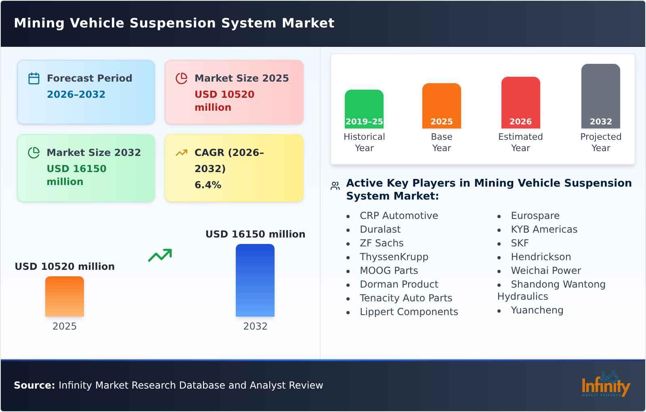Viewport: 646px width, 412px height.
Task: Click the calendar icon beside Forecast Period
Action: pyautogui.click(x=34, y=78)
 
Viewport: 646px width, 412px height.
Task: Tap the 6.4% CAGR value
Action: pyautogui.click(x=208, y=185)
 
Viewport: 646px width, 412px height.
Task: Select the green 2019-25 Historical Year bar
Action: pyautogui.click(x=364, y=109)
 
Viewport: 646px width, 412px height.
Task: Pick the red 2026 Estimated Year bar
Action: pyautogui.click(x=520, y=102)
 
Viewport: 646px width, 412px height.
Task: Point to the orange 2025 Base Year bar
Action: pyautogui.click(x=441, y=105)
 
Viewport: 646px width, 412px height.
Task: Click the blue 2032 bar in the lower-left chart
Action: pyautogui.click(x=255, y=280)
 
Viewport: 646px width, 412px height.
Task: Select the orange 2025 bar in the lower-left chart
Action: pyautogui.click(x=65, y=296)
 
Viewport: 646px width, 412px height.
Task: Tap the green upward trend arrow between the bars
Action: pyautogui.click(x=160, y=255)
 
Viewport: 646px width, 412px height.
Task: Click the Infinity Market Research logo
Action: pyautogui.click(x=605, y=385)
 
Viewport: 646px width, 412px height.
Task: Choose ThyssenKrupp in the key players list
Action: pyautogui.click(x=394, y=257)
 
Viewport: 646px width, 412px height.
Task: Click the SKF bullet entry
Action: pyautogui.click(x=519, y=243)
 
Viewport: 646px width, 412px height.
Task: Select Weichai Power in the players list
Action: pyautogui.click(x=545, y=271)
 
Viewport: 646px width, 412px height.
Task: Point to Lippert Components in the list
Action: pyautogui.click(x=409, y=312)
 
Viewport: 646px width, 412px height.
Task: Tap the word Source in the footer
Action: pyautogui.click(x=34, y=385)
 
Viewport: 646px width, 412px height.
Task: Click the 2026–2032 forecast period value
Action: pyautogui.click(x=76, y=95)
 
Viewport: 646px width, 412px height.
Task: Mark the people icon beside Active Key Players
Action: pyautogui.click(x=335, y=186)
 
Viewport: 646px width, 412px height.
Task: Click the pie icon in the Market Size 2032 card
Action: pyautogui.click(x=34, y=153)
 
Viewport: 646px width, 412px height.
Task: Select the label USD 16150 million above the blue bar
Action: pyautogui.click(x=255, y=234)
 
